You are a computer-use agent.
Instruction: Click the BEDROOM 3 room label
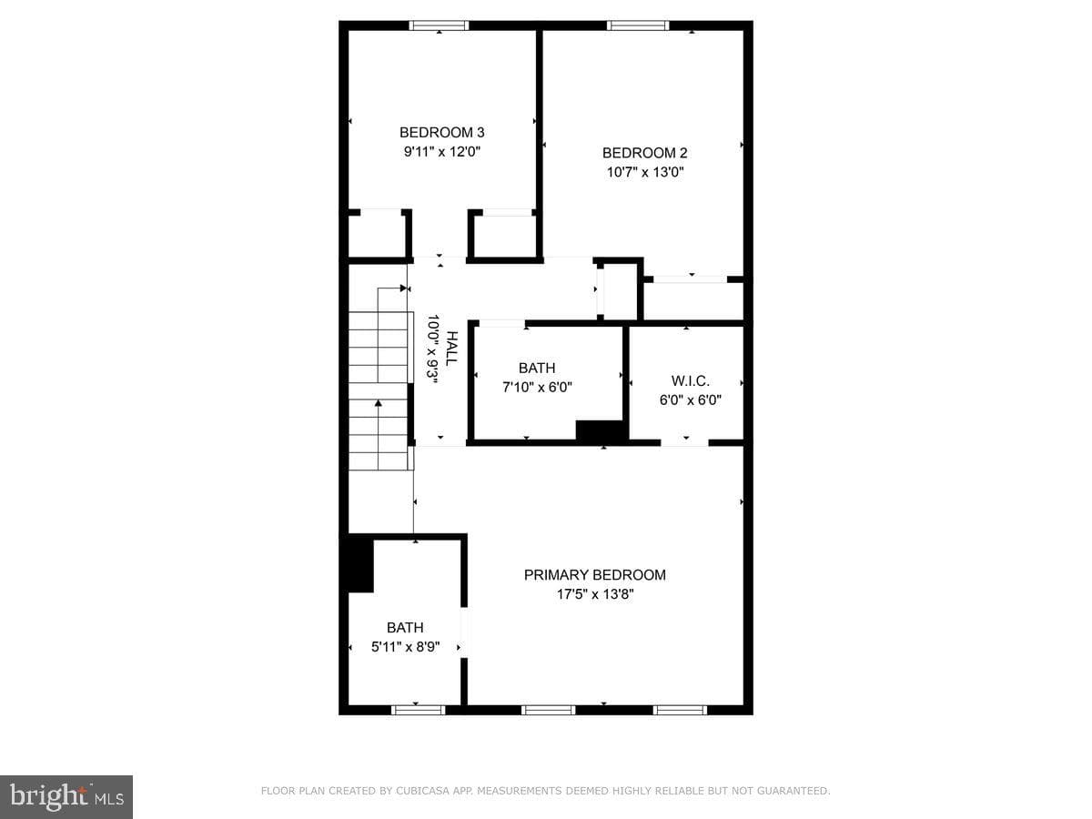pos(441,132)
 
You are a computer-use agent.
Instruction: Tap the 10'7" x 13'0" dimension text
pos(645,172)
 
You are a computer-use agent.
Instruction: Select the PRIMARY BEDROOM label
pos(594,575)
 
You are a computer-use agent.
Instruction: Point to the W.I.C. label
pos(690,381)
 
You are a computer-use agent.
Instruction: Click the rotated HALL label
pos(451,349)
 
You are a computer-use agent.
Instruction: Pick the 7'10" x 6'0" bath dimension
pos(537,387)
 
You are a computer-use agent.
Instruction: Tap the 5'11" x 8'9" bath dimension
pos(406,647)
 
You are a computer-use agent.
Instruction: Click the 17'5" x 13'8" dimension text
pos(595,594)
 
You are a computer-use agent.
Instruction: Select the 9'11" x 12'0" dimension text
pos(441,152)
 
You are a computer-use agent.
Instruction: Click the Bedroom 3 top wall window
pos(439,25)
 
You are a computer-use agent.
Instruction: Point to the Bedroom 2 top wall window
pos(638,25)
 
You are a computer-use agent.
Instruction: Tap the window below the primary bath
pos(418,710)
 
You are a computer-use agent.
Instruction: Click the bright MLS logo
pos(66,796)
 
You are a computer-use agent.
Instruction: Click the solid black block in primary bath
pos(357,564)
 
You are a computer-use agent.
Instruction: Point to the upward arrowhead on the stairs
pos(378,403)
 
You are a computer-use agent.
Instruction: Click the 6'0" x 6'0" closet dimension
pos(690,400)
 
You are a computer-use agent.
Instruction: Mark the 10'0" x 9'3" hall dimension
pos(432,349)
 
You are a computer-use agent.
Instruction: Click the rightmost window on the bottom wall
pos(680,710)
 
